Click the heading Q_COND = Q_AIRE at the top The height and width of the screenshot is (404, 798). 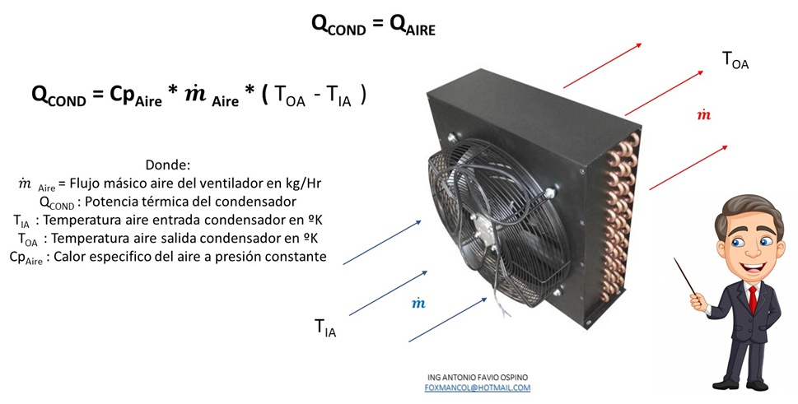click(x=372, y=25)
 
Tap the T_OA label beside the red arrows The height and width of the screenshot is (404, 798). click(x=735, y=59)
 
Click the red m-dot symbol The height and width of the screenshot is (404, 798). click(x=703, y=115)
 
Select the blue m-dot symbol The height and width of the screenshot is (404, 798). click(x=418, y=304)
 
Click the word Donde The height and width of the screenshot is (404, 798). click(x=168, y=165)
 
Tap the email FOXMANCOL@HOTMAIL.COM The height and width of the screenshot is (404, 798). click(x=478, y=388)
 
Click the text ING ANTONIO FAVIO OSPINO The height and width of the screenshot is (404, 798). click(x=478, y=377)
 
